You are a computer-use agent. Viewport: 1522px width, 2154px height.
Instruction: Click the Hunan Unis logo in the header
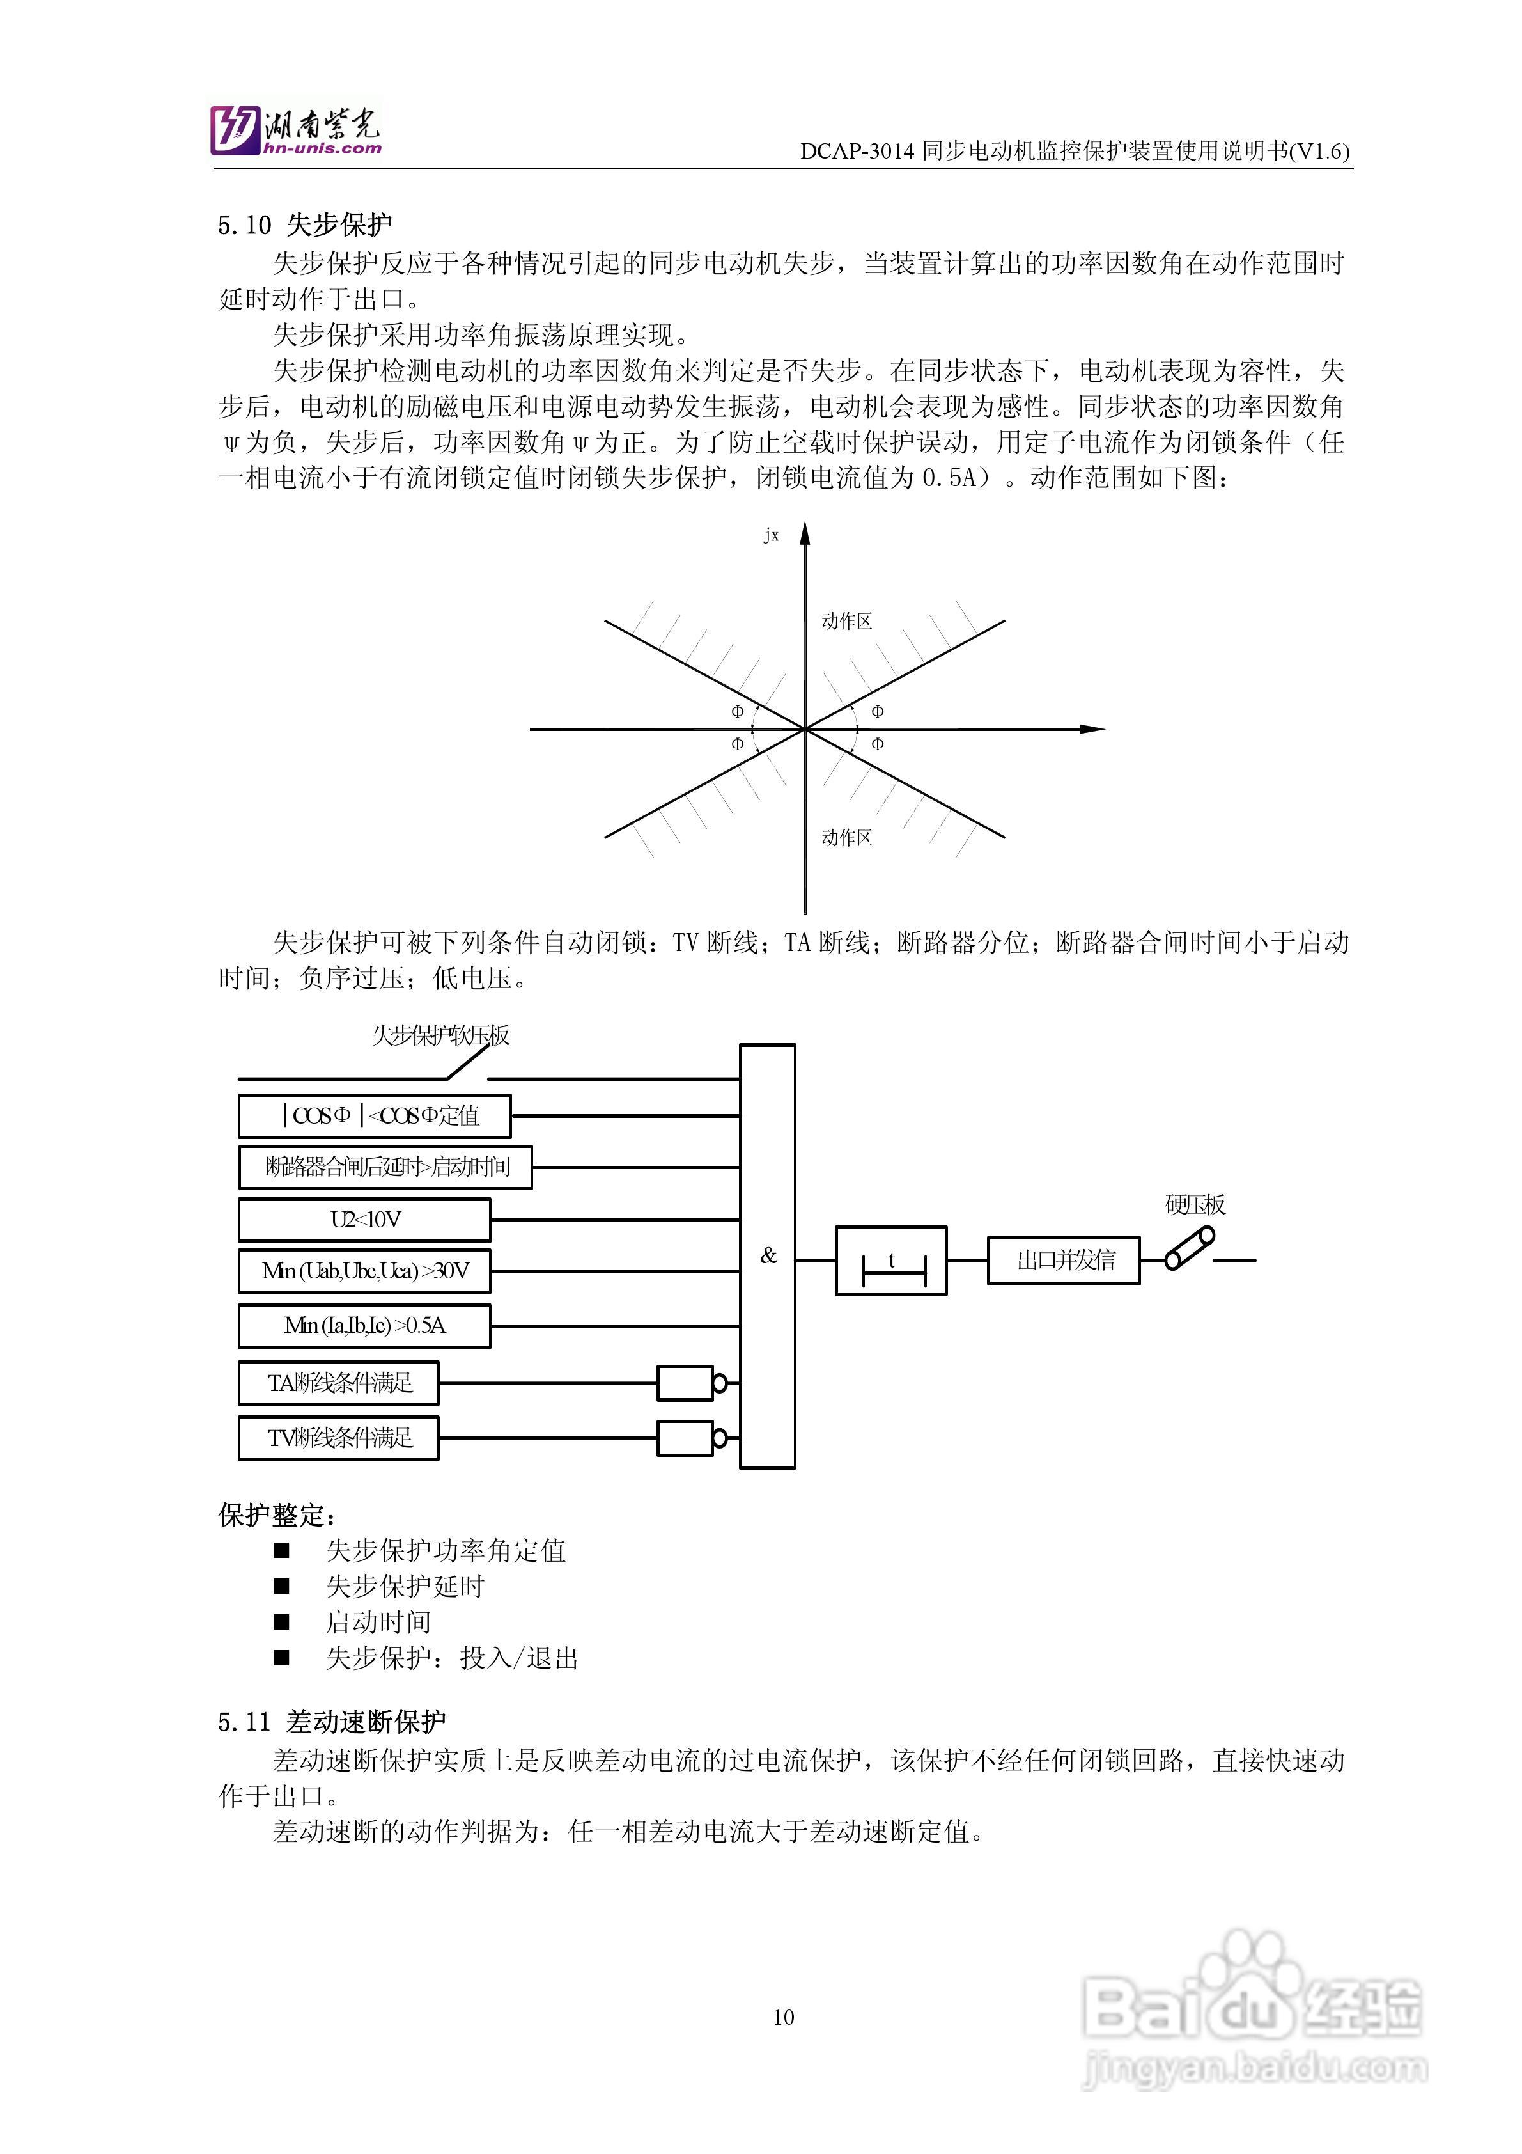295,129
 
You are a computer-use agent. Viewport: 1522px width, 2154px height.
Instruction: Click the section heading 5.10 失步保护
305,225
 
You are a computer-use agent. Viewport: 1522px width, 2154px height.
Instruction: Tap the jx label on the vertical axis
771,536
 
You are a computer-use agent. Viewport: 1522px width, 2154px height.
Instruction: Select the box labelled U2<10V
365,1220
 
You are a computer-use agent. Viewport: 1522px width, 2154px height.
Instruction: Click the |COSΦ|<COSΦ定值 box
375,1115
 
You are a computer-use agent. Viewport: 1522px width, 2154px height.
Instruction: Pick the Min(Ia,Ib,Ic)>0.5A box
365,1326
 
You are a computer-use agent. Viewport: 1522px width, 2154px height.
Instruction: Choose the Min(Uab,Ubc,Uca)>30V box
365,1271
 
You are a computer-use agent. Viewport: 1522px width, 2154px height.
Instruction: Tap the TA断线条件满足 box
339,1383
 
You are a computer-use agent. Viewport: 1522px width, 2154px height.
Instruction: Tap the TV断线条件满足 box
339,1438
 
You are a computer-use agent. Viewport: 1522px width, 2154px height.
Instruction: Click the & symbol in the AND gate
769,1255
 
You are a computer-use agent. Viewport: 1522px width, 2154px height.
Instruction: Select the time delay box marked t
891,1262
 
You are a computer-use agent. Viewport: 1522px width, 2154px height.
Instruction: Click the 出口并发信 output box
1064,1260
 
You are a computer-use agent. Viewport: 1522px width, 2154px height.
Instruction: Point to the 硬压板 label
1195,1204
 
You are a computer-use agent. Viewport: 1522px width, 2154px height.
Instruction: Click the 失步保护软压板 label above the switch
441,1035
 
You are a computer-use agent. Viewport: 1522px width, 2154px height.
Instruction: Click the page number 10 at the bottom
784,2017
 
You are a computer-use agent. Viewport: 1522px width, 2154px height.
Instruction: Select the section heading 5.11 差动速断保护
332,1722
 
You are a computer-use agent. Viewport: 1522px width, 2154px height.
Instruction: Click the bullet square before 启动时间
281,1621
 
